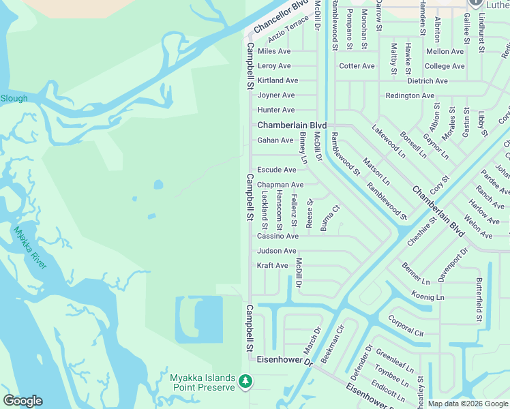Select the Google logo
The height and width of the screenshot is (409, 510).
pos(22,401)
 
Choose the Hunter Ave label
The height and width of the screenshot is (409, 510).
pos(276,110)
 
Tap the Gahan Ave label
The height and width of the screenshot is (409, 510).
pos(275,140)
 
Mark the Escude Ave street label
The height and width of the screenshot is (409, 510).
pos(277,170)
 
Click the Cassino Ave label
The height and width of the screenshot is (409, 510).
pos(277,236)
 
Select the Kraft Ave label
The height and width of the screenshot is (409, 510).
pos(273,265)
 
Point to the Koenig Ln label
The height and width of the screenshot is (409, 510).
pos(428,297)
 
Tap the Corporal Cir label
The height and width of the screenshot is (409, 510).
pos(406,325)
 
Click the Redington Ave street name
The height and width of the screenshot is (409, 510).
pos(410,95)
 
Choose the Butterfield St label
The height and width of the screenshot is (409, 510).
pos(479,300)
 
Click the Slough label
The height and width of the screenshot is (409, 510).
pos(14,98)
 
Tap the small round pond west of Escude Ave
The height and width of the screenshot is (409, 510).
pos(158,184)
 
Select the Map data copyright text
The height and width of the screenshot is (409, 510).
pos(467,404)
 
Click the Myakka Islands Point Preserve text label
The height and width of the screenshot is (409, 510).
pos(202,382)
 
